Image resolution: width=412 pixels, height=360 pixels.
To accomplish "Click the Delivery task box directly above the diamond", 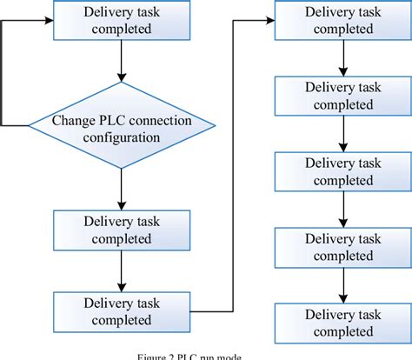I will (x=121, y=21).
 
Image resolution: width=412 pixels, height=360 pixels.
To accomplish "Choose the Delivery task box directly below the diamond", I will (x=121, y=230).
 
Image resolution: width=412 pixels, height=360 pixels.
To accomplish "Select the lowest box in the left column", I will (x=121, y=310).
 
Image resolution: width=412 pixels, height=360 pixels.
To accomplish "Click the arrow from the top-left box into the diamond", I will (x=121, y=61).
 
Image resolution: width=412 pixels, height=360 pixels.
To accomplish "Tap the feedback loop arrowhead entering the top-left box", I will (x=47, y=22).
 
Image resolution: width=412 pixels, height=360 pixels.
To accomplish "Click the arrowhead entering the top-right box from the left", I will (x=269, y=21).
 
